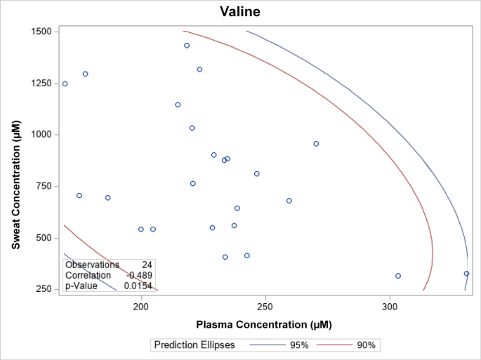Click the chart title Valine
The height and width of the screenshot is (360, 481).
pyautogui.click(x=240, y=12)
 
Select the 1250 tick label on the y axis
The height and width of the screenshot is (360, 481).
pyautogui.click(x=39, y=83)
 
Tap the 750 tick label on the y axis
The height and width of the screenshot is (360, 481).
pyautogui.click(x=41, y=186)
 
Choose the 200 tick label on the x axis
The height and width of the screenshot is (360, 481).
pyautogui.click(x=141, y=307)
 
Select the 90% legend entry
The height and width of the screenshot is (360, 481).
pyautogui.click(x=366, y=345)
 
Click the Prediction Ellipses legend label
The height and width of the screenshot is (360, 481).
pyautogui.click(x=195, y=345)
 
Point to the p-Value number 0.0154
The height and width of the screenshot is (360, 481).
pyautogui.click(x=138, y=286)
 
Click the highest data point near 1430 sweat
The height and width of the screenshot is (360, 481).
pyautogui.click(x=187, y=46)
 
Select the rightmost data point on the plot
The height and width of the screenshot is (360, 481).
pyautogui.click(x=466, y=274)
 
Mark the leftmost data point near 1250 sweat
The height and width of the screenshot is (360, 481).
pyautogui.click(x=65, y=84)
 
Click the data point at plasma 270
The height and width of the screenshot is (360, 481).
pyautogui.click(x=316, y=144)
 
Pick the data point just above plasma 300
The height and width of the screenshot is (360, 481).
pyautogui.click(x=398, y=276)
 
